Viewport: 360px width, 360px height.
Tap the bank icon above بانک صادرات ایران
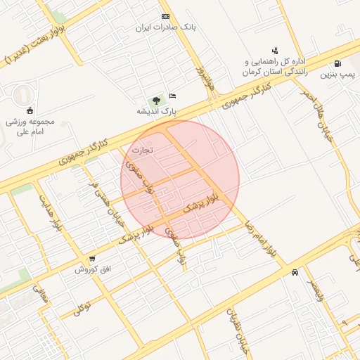coord(165,16)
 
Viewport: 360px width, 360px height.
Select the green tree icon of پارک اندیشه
coord(156,101)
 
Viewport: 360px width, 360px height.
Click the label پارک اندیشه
coord(157,111)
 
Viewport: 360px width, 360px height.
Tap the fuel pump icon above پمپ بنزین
coord(338,63)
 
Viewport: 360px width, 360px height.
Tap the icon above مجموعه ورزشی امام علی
coord(29,109)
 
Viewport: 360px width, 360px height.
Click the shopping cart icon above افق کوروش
coord(92,259)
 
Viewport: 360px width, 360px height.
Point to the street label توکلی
coord(82,307)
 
